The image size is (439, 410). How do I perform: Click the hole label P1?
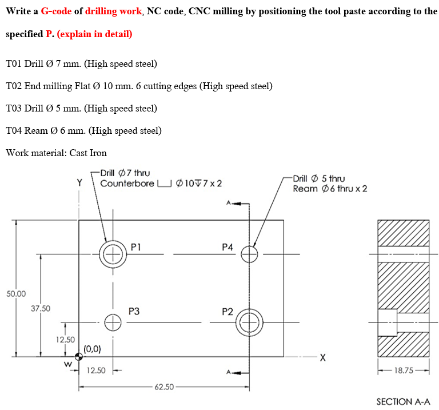135,247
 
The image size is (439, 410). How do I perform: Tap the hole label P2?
227,311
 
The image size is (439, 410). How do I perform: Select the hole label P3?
134,312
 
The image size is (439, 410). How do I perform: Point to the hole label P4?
227,247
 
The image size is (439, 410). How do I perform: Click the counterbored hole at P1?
113,253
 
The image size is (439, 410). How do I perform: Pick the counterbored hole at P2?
249,323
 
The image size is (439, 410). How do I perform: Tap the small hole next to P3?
113,323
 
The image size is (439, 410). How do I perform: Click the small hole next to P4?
249,253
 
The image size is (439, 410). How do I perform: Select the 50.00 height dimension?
16,293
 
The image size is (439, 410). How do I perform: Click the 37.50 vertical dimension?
40,308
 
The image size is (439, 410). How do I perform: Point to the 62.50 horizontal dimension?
164,387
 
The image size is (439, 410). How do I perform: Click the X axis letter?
323,358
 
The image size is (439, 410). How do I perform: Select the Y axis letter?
79,183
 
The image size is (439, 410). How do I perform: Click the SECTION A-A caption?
403,401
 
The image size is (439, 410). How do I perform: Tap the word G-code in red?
57,11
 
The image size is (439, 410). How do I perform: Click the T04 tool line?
83,130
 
